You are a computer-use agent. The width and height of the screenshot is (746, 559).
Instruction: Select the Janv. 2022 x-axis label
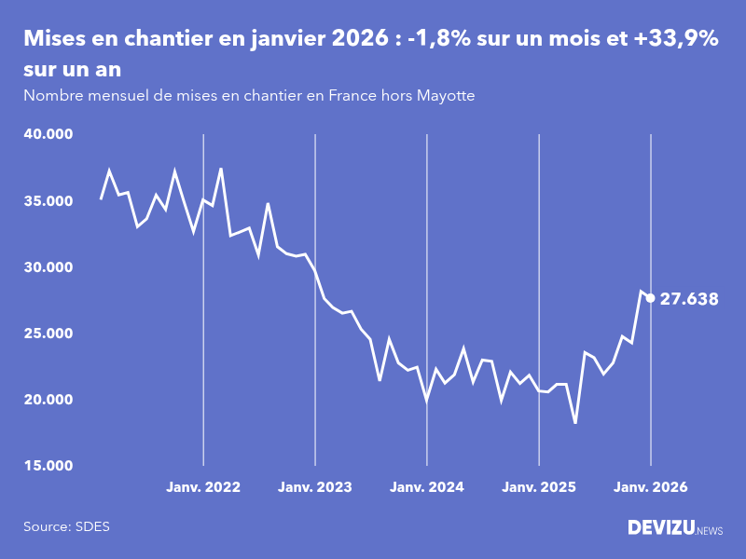203,487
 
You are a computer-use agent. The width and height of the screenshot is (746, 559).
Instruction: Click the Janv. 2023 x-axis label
315,487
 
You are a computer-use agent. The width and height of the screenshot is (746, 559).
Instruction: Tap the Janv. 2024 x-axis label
427,487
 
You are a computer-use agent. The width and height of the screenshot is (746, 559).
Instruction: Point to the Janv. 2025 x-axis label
539,487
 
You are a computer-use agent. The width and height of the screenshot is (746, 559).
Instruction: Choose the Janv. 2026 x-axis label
651,487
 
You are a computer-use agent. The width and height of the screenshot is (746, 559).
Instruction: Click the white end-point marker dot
651,298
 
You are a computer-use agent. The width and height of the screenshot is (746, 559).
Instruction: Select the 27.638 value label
689,299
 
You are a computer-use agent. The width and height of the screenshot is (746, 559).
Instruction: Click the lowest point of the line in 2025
575,423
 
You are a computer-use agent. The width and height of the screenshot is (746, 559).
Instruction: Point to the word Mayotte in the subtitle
446,96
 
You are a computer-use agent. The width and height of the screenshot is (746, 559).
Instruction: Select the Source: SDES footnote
66,526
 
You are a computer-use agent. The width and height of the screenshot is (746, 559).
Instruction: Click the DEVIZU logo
674,527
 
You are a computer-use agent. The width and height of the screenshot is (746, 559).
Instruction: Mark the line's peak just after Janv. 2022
221,169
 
